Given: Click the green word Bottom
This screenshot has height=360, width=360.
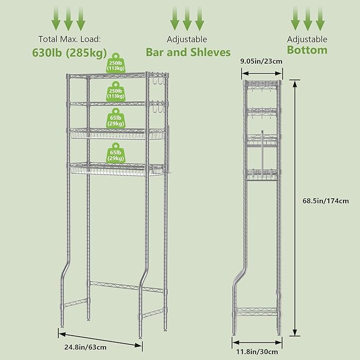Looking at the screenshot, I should coord(307,50).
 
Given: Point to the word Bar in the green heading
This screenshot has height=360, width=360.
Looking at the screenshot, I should coord(156,52).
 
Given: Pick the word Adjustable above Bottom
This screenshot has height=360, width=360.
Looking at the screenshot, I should coord(306,39).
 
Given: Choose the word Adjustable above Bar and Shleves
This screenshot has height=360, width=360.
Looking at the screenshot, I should coord(188,39).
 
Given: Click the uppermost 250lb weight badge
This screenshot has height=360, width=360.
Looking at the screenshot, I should coord(118,63).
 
